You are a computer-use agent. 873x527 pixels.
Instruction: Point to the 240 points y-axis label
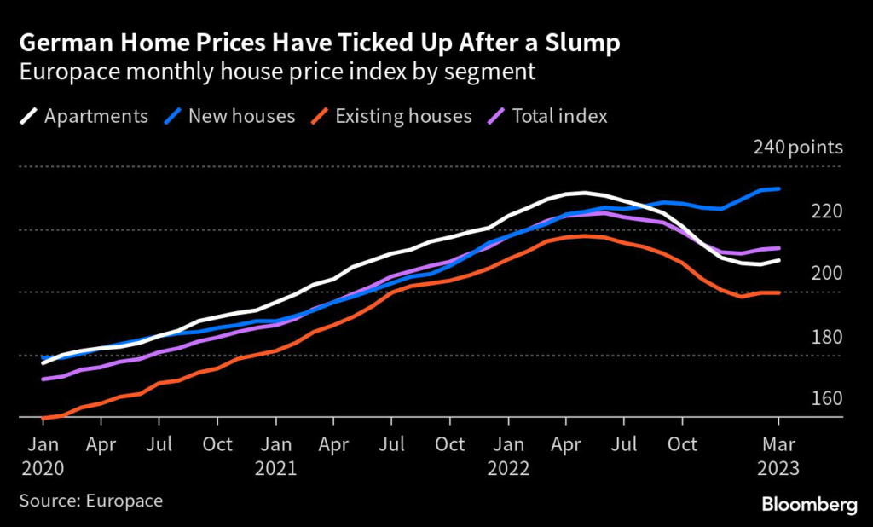click(798, 148)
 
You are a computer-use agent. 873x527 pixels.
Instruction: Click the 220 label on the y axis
click(826, 211)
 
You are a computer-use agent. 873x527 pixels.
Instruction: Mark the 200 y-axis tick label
click(826, 273)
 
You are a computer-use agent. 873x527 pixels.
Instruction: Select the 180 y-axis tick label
click(826, 336)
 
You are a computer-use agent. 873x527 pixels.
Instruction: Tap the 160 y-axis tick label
click(826, 398)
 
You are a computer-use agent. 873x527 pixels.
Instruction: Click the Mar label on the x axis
click(778, 444)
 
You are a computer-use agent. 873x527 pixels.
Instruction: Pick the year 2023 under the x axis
click(778, 468)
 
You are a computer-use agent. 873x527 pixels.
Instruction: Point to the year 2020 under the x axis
click(41, 468)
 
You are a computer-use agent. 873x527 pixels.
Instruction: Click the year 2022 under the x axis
click(509, 468)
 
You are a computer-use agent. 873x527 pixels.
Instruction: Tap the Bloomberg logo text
click(809, 505)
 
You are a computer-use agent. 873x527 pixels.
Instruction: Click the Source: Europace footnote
click(90, 500)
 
